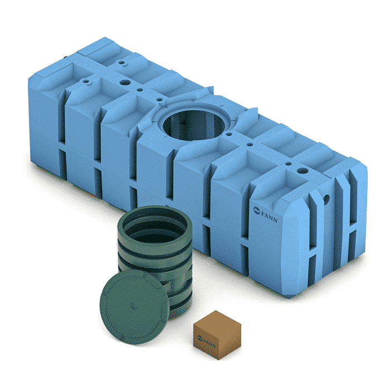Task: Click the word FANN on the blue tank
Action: tap(269, 216)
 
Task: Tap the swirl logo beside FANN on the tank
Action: tap(256, 211)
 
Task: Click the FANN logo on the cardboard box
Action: tap(206, 341)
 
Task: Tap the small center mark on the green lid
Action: tap(134, 306)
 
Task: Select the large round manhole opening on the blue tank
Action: tap(194, 125)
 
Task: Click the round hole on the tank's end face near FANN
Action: tap(326, 199)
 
